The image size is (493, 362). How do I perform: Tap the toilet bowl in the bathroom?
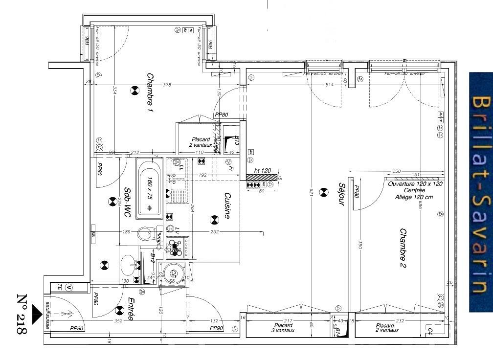(x=145, y=234)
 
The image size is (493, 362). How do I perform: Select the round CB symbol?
(x=173, y=273)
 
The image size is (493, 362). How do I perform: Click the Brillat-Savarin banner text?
(x=480, y=193)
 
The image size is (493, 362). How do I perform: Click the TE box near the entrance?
(x=60, y=287)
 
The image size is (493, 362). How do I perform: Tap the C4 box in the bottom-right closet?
(x=430, y=331)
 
